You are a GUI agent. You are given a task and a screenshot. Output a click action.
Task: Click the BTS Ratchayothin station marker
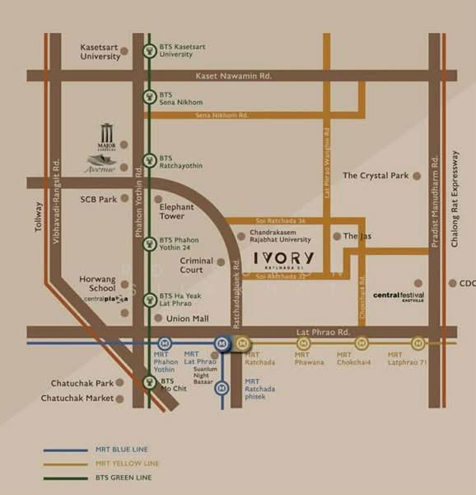point(148,160)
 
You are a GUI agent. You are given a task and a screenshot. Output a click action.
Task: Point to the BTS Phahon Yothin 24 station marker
point(148,244)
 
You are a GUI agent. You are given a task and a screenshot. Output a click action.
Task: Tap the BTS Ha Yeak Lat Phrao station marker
point(148,301)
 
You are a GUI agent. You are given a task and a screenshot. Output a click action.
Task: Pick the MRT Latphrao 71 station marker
point(418,342)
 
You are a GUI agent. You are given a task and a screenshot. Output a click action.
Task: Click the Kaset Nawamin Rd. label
point(233,76)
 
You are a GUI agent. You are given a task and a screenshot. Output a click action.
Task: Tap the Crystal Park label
point(376,176)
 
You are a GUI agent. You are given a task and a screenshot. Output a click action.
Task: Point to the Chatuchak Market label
point(77,398)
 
